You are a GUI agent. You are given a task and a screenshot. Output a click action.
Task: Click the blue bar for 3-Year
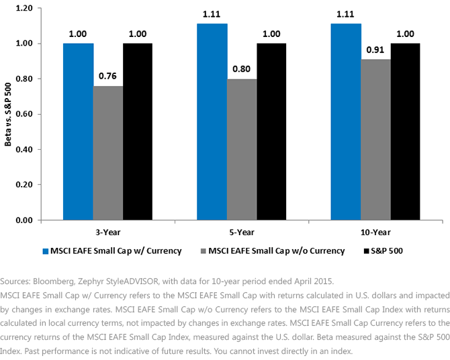79,132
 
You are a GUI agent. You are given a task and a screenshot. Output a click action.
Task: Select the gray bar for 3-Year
108,153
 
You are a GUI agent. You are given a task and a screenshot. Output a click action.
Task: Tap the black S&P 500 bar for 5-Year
271,132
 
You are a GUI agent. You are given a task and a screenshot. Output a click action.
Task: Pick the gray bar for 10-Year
375,140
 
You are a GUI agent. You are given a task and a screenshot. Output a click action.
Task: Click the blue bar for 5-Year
212,122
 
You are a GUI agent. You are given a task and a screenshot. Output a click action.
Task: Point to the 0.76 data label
107,76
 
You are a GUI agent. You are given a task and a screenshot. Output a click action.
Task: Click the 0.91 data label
375,50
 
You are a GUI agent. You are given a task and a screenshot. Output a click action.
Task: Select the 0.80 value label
241,69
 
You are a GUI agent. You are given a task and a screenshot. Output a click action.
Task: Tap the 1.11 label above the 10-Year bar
345,14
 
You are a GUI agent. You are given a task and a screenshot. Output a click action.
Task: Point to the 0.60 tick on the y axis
24,114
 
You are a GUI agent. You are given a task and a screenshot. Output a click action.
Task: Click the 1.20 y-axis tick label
24,8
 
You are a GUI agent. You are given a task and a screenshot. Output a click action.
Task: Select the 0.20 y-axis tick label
24,185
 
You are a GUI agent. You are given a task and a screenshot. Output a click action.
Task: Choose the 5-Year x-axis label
242,232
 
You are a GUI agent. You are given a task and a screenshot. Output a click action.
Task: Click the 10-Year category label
375,232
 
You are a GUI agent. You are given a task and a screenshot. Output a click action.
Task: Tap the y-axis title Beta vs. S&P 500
8,114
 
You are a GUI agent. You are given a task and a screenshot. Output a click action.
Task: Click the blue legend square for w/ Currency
46,251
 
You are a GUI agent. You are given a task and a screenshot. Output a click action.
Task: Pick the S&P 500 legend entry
383,251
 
